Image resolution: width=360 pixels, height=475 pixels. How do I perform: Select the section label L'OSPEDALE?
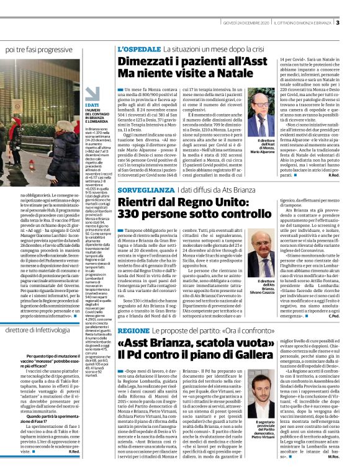[138, 49]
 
